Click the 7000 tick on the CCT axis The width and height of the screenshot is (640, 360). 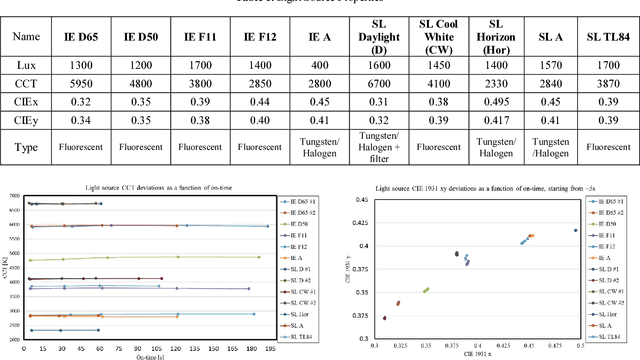[x=13, y=197]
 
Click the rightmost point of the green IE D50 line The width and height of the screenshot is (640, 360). [x=259, y=257]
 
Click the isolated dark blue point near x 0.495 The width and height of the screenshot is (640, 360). [x=576, y=230]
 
